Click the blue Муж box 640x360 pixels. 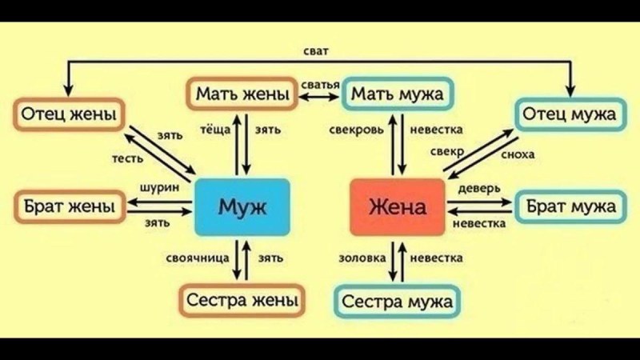point(242,209)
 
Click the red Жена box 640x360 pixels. point(398,209)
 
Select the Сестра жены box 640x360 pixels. point(242,301)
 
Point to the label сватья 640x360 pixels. point(321,84)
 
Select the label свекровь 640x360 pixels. point(358,129)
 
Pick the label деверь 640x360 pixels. point(479,187)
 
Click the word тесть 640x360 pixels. point(126,159)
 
